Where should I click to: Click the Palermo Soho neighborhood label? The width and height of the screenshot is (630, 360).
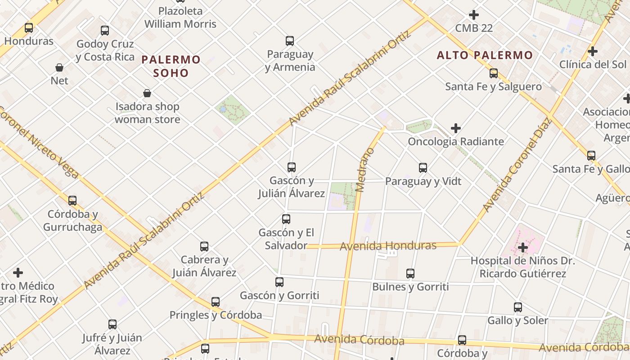[171, 66]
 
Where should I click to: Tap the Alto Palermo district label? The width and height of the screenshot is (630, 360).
[485, 55]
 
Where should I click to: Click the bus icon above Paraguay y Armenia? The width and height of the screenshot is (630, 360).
[290, 41]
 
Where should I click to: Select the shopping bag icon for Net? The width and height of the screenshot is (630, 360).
[59, 67]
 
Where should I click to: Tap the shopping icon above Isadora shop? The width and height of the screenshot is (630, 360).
[147, 93]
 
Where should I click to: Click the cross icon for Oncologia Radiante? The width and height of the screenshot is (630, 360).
[456, 128]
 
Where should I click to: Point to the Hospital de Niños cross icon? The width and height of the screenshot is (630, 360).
[522, 247]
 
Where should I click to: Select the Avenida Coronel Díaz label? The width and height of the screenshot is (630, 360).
[517, 165]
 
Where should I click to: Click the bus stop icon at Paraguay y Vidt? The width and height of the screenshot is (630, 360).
[423, 168]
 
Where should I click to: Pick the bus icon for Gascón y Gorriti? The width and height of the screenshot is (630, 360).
[279, 282]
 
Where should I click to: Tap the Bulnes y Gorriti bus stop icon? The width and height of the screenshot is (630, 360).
[410, 273]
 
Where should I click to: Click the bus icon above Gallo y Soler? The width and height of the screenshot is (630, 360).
[518, 307]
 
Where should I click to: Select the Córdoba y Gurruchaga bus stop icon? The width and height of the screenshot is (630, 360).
[72, 200]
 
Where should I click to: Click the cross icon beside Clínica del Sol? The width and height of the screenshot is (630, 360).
[593, 51]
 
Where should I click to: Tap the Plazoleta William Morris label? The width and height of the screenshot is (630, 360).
[180, 18]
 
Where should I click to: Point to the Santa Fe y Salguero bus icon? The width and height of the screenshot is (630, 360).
[494, 73]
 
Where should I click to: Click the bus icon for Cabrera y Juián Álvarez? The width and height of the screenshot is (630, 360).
[204, 246]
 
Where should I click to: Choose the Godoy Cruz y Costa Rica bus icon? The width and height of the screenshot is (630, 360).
[105, 31]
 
